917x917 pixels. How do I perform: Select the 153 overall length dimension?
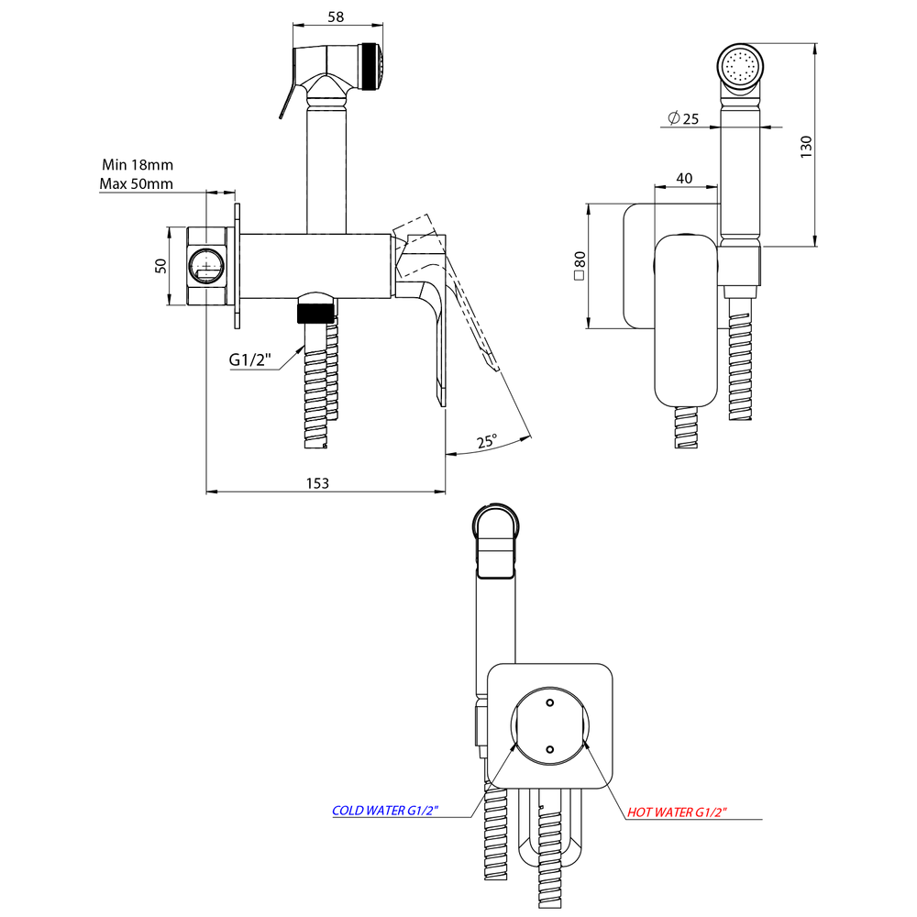pyautogui.click(x=317, y=482)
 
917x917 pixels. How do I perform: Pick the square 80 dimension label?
pyautogui.click(x=580, y=266)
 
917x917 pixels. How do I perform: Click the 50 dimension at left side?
pyautogui.click(x=160, y=266)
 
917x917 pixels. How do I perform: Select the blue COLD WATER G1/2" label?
pyautogui.click(x=385, y=811)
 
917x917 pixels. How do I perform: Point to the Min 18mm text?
pyautogui.click(x=138, y=165)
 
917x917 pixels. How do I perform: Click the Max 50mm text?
pyautogui.click(x=137, y=184)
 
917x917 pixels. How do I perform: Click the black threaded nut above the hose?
pyautogui.click(x=314, y=310)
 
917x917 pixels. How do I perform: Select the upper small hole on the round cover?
pyautogui.click(x=549, y=703)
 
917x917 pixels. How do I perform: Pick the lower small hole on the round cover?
pyautogui.click(x=549, y=749)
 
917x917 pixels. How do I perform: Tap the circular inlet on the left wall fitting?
pyautogui.click(x=206, y=267)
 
